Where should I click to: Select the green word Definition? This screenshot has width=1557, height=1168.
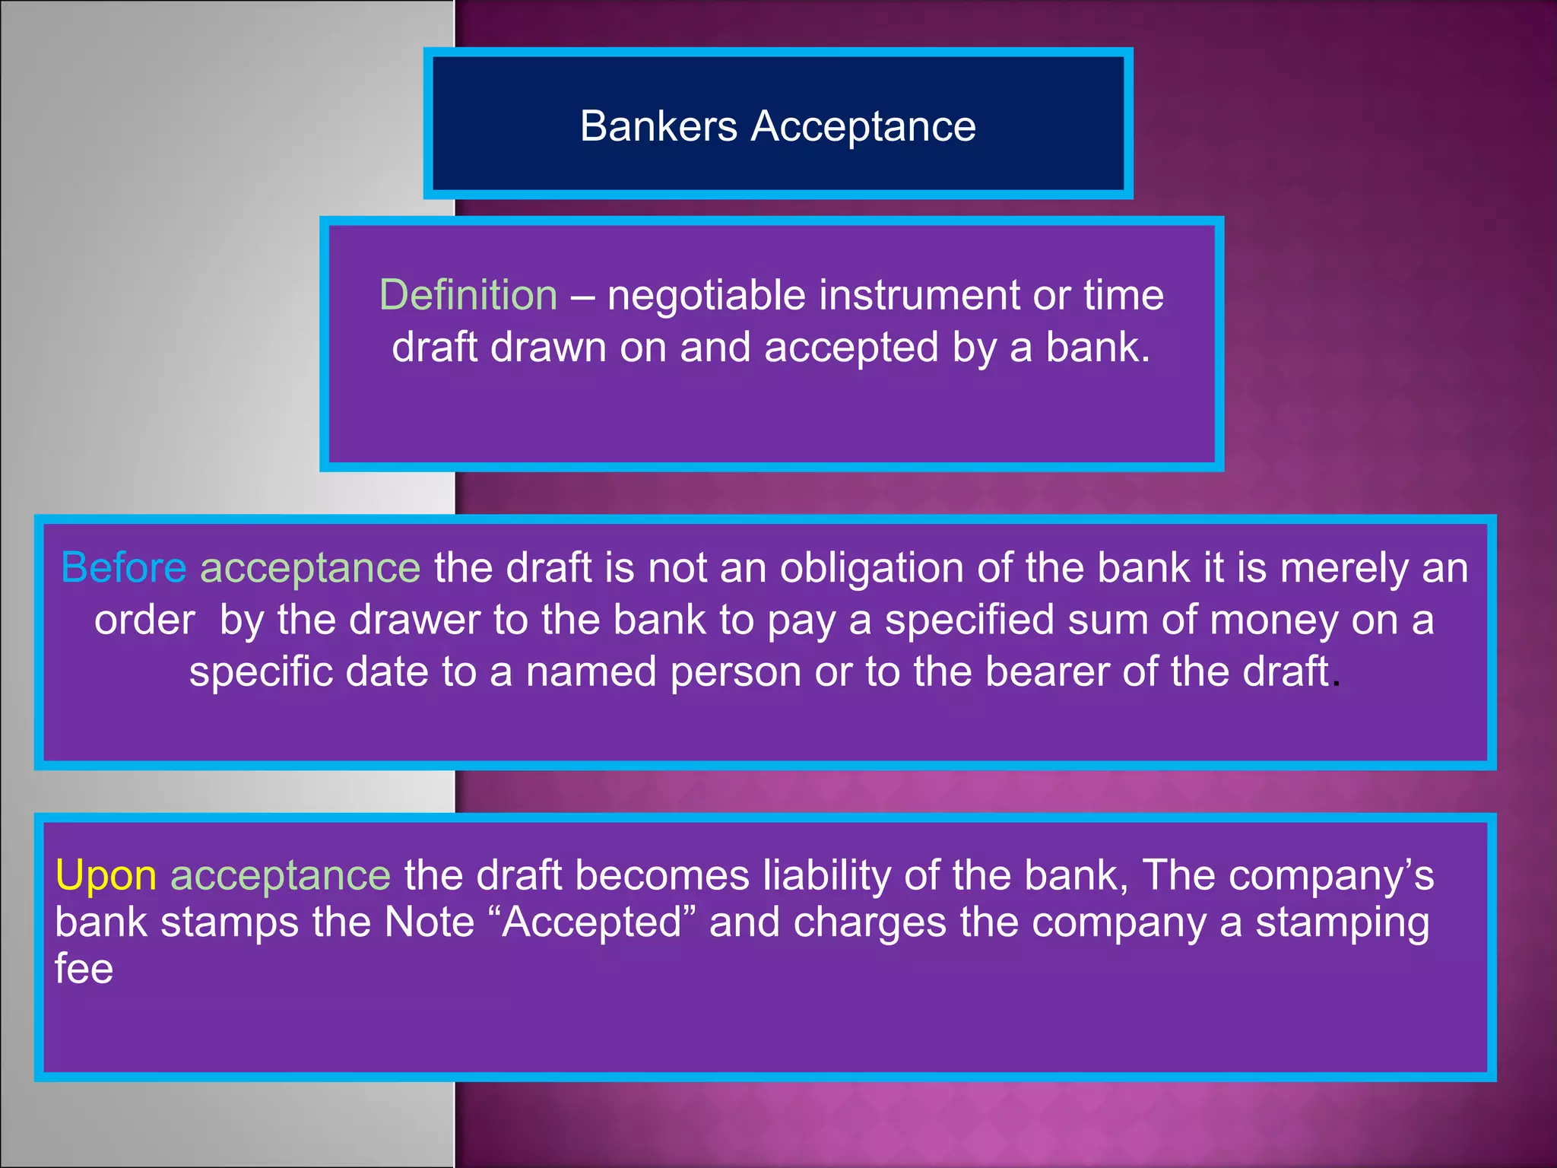coord(468,295)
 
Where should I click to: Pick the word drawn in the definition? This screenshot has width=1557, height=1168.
coord(547,348)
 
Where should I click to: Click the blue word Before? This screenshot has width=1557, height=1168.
coord(123,568)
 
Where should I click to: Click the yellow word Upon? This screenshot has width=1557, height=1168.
coord(106,875)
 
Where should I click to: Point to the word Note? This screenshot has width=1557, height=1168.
coord(430,922)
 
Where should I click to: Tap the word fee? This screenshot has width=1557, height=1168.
coord(84,969)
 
